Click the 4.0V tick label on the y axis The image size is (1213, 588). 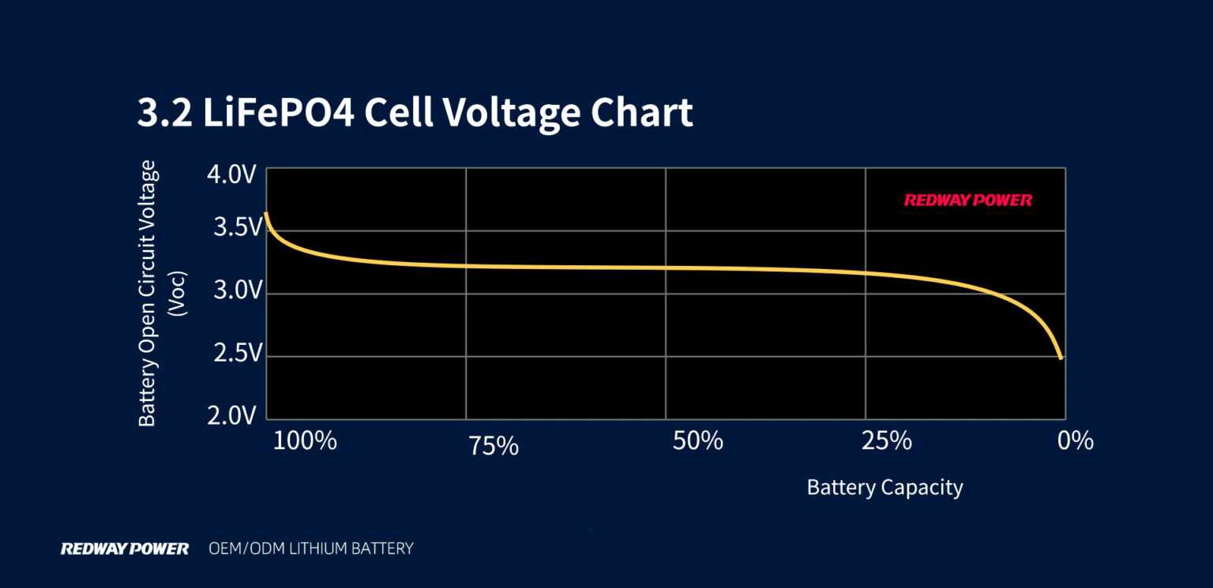pos(231,174)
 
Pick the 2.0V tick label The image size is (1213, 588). pos(232,416)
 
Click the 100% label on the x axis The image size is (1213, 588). pos(305,440)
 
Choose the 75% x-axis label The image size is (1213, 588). pos(494,447)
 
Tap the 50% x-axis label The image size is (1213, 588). pos(697,440)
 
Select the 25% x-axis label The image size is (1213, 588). pos(887,440)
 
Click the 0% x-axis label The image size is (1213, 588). pos(1076,440)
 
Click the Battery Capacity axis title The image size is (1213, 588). pos(884,487)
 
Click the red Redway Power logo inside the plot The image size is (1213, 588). pos(967,200)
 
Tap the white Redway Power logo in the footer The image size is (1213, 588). pos(125,548)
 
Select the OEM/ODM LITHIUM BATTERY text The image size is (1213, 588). pos(310,548)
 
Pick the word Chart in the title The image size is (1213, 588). pos(641,112)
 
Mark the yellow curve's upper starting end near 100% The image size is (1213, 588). pos(266,214)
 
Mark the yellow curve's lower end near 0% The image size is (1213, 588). pos(1060,357)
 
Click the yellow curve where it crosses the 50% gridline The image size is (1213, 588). pos(665,268)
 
